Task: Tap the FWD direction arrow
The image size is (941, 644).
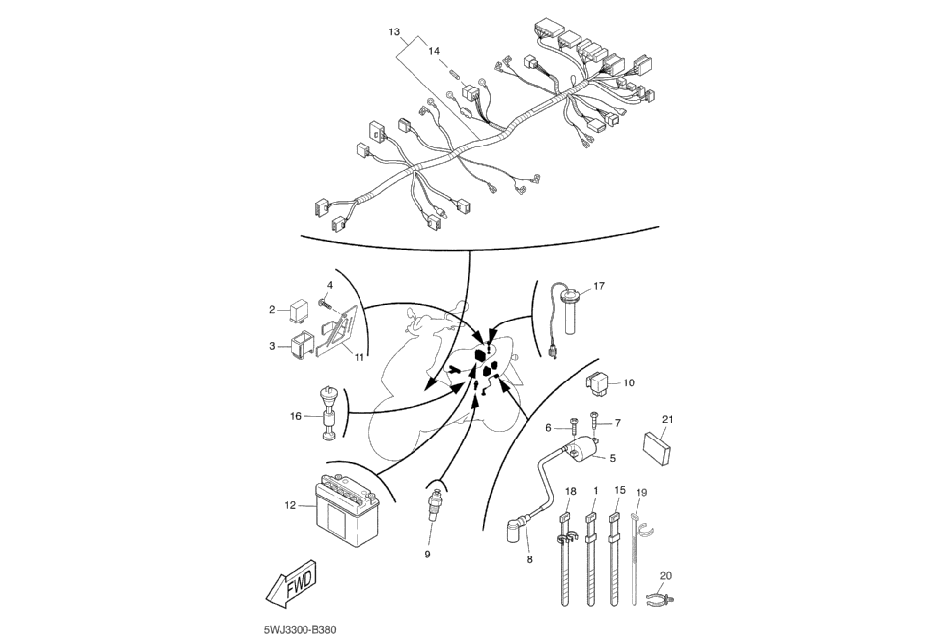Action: (292, 588)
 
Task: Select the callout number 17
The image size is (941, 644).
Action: (599, 287)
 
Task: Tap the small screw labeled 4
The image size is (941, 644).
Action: (324, 301)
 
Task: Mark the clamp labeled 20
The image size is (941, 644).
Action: (661, 597)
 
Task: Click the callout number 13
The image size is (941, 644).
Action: (394, 32)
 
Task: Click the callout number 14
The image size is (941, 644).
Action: (435, 49)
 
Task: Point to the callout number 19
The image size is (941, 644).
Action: (641, 492)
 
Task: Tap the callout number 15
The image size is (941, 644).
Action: (619, 489)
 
